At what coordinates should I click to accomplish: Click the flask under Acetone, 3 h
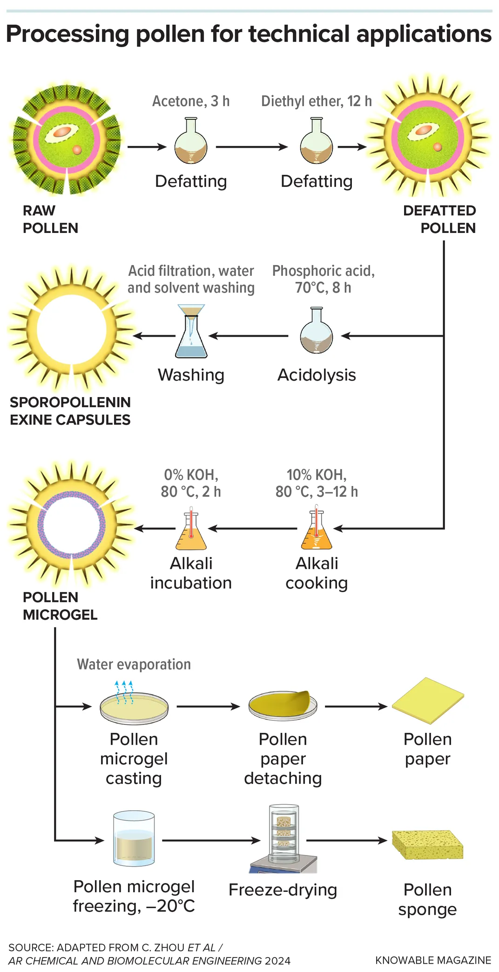191,142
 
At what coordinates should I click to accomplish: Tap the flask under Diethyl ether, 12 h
317,142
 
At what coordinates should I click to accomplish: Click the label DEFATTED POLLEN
439,219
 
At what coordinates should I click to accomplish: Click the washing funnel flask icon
191,331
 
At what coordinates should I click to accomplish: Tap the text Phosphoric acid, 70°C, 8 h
324,279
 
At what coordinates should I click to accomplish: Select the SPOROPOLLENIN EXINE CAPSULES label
70,411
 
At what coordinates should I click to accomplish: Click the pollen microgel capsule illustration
71,525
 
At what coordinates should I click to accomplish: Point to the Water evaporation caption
134,664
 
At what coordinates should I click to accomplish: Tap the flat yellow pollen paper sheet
428,700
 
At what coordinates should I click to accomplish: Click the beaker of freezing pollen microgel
134,839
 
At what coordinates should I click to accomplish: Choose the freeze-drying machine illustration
283,839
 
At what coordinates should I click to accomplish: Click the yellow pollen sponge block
428,844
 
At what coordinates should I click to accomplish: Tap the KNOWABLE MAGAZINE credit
433,960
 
